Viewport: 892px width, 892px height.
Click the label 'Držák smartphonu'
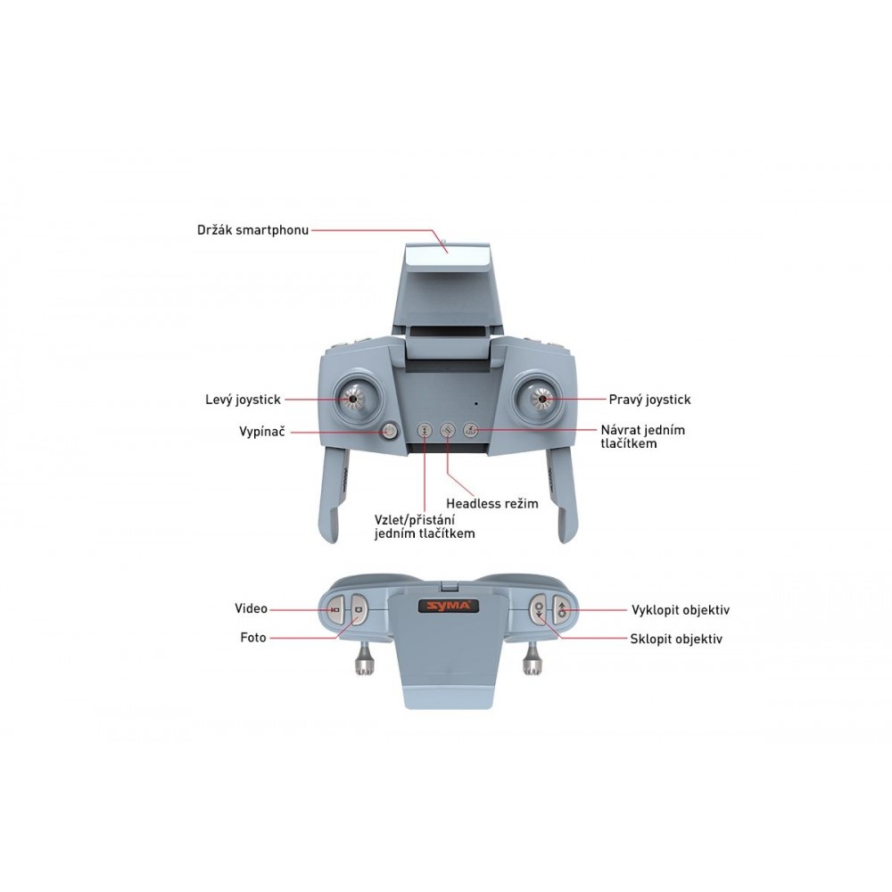click(x=252, y=230)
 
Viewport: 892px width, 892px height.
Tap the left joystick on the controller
click(x=352, y=399)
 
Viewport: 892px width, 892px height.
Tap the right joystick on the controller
click(x=541, y=399)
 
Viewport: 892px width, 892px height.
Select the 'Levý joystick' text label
click(x=243, y=400)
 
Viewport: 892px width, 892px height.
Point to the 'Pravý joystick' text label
click(x=649, y=400)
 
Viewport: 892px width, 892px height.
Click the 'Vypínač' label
click(x=261, y=432)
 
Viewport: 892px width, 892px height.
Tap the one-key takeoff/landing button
click(x=425, y=431)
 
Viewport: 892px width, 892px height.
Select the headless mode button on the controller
click(x=448, y=431)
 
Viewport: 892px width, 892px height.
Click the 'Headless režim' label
click(x=492, y=503)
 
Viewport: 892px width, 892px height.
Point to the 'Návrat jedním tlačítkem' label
click(x=643, y=437)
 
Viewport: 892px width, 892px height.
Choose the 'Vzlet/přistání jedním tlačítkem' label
click(x=425, y=527)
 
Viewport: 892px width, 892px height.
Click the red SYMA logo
click(x=449, y=607)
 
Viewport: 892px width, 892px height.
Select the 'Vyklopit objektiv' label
click(x=681, y=610)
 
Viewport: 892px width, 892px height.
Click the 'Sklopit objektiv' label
click(x=676, y=639)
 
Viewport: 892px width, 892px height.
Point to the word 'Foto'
click(x=253, y=638)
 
